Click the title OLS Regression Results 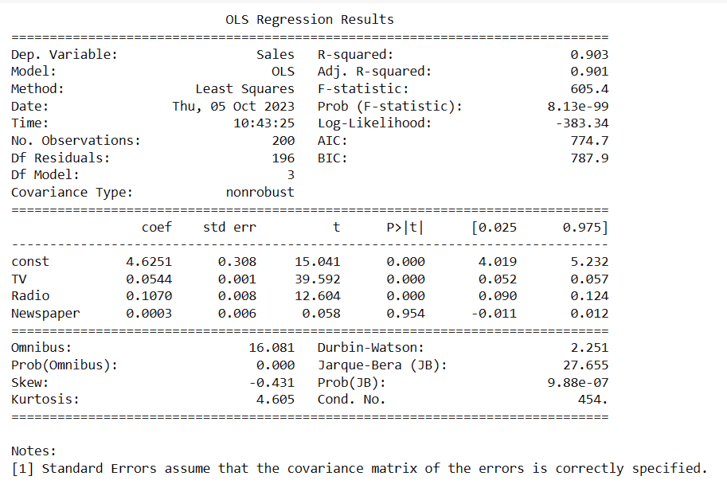click(309, 19)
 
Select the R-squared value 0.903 click(589, 55)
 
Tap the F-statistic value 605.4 click(589, 89)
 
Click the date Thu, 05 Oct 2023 click(233, 106)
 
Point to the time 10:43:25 click(264, 123)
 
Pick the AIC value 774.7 click(589, 140)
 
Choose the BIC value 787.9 click(589, 158)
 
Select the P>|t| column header click(405, 228)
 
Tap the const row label click(30, 262)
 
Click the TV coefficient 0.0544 click(149, 279)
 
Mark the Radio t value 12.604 click(318, 296)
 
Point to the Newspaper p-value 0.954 click(405, 314)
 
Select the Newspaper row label click(45, 314)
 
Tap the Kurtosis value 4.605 click(276, 400)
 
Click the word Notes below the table click(33, 451)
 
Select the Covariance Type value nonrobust click(260, 192)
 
